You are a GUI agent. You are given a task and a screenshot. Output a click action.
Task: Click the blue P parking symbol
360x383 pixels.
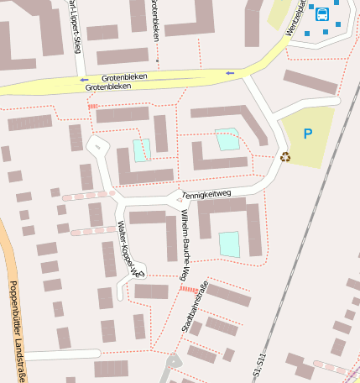click(307, 134)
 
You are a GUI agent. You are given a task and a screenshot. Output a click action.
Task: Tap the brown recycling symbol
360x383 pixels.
click(285, 156)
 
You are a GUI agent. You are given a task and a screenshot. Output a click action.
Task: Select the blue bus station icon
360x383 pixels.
click(321, 13)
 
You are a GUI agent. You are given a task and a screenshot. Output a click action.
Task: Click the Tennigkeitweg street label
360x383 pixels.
click(206, 196)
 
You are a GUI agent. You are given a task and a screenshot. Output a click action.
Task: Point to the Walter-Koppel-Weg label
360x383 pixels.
click(129, 249)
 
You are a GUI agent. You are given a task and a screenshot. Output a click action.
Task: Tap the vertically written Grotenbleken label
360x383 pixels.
click(156, 21)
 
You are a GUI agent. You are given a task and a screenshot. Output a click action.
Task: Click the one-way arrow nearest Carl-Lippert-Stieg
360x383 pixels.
click(85, 80)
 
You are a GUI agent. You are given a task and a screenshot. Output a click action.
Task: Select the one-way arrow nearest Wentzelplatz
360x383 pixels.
click(229, 73)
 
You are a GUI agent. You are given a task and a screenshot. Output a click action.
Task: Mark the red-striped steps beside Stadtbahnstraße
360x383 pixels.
click(190, 288)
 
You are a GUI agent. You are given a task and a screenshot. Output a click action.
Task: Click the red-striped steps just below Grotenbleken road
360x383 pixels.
click(93, 107)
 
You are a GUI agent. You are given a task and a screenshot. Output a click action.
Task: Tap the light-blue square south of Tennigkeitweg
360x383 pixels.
click(229, 244)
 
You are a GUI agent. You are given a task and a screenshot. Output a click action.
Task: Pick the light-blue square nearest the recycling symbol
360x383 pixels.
click(227, 139)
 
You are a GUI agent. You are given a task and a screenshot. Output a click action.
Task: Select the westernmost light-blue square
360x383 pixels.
click(140, 150)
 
